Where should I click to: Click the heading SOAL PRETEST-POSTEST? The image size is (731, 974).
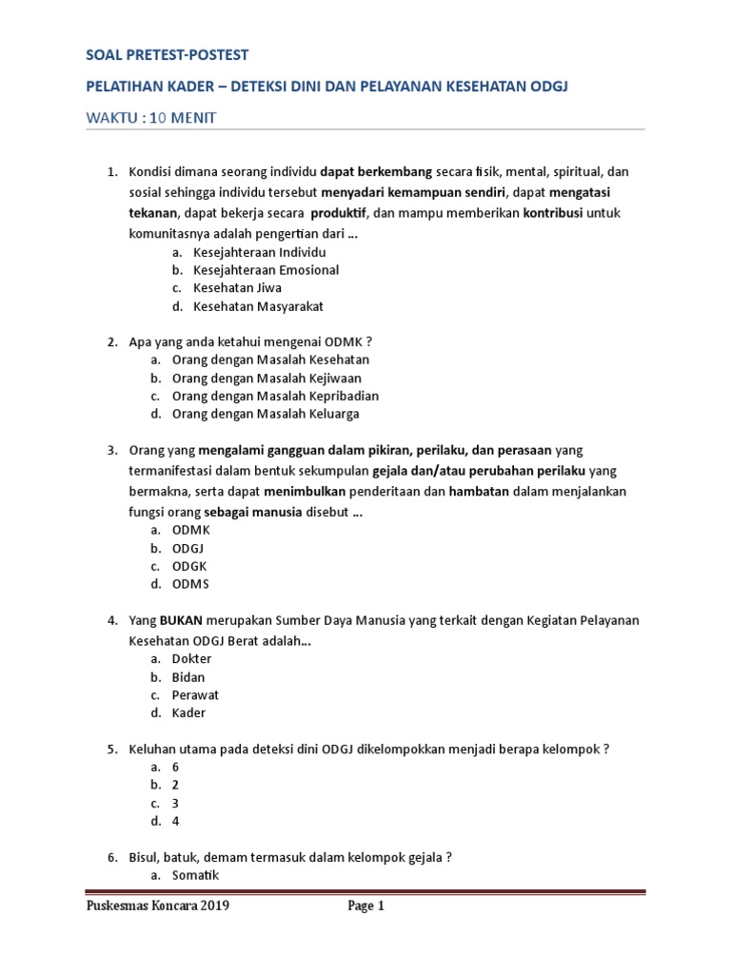click(167, 56)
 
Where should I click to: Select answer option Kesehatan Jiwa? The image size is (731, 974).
click(237, 288)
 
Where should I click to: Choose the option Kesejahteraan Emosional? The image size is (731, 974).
click(266, 270)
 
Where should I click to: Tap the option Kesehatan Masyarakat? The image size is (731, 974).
click(259, 306)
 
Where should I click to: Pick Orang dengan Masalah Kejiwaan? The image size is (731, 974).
click(267, 378)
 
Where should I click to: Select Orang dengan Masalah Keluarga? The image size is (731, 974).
click(266, 414)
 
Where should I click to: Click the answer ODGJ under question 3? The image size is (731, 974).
click(188, 548)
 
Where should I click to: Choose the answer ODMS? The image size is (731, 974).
click(190, 584)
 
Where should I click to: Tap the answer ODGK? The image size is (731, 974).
click(189, 566)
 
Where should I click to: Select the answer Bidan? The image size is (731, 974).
click(188, 677)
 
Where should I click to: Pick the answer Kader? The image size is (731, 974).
click(188, 712)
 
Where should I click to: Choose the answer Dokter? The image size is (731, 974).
click(192, 659)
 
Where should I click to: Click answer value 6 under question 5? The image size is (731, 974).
click(176, 767)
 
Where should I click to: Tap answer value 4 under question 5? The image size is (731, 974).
click(176, 821)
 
